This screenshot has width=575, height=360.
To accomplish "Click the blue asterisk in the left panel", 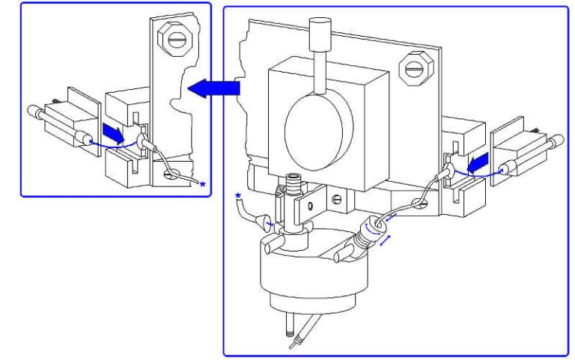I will click(x=202, y=184).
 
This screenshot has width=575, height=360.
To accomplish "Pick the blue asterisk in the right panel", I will click(x=239, y=196).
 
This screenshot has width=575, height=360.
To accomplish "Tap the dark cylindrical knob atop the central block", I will click(x=319, y=33).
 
